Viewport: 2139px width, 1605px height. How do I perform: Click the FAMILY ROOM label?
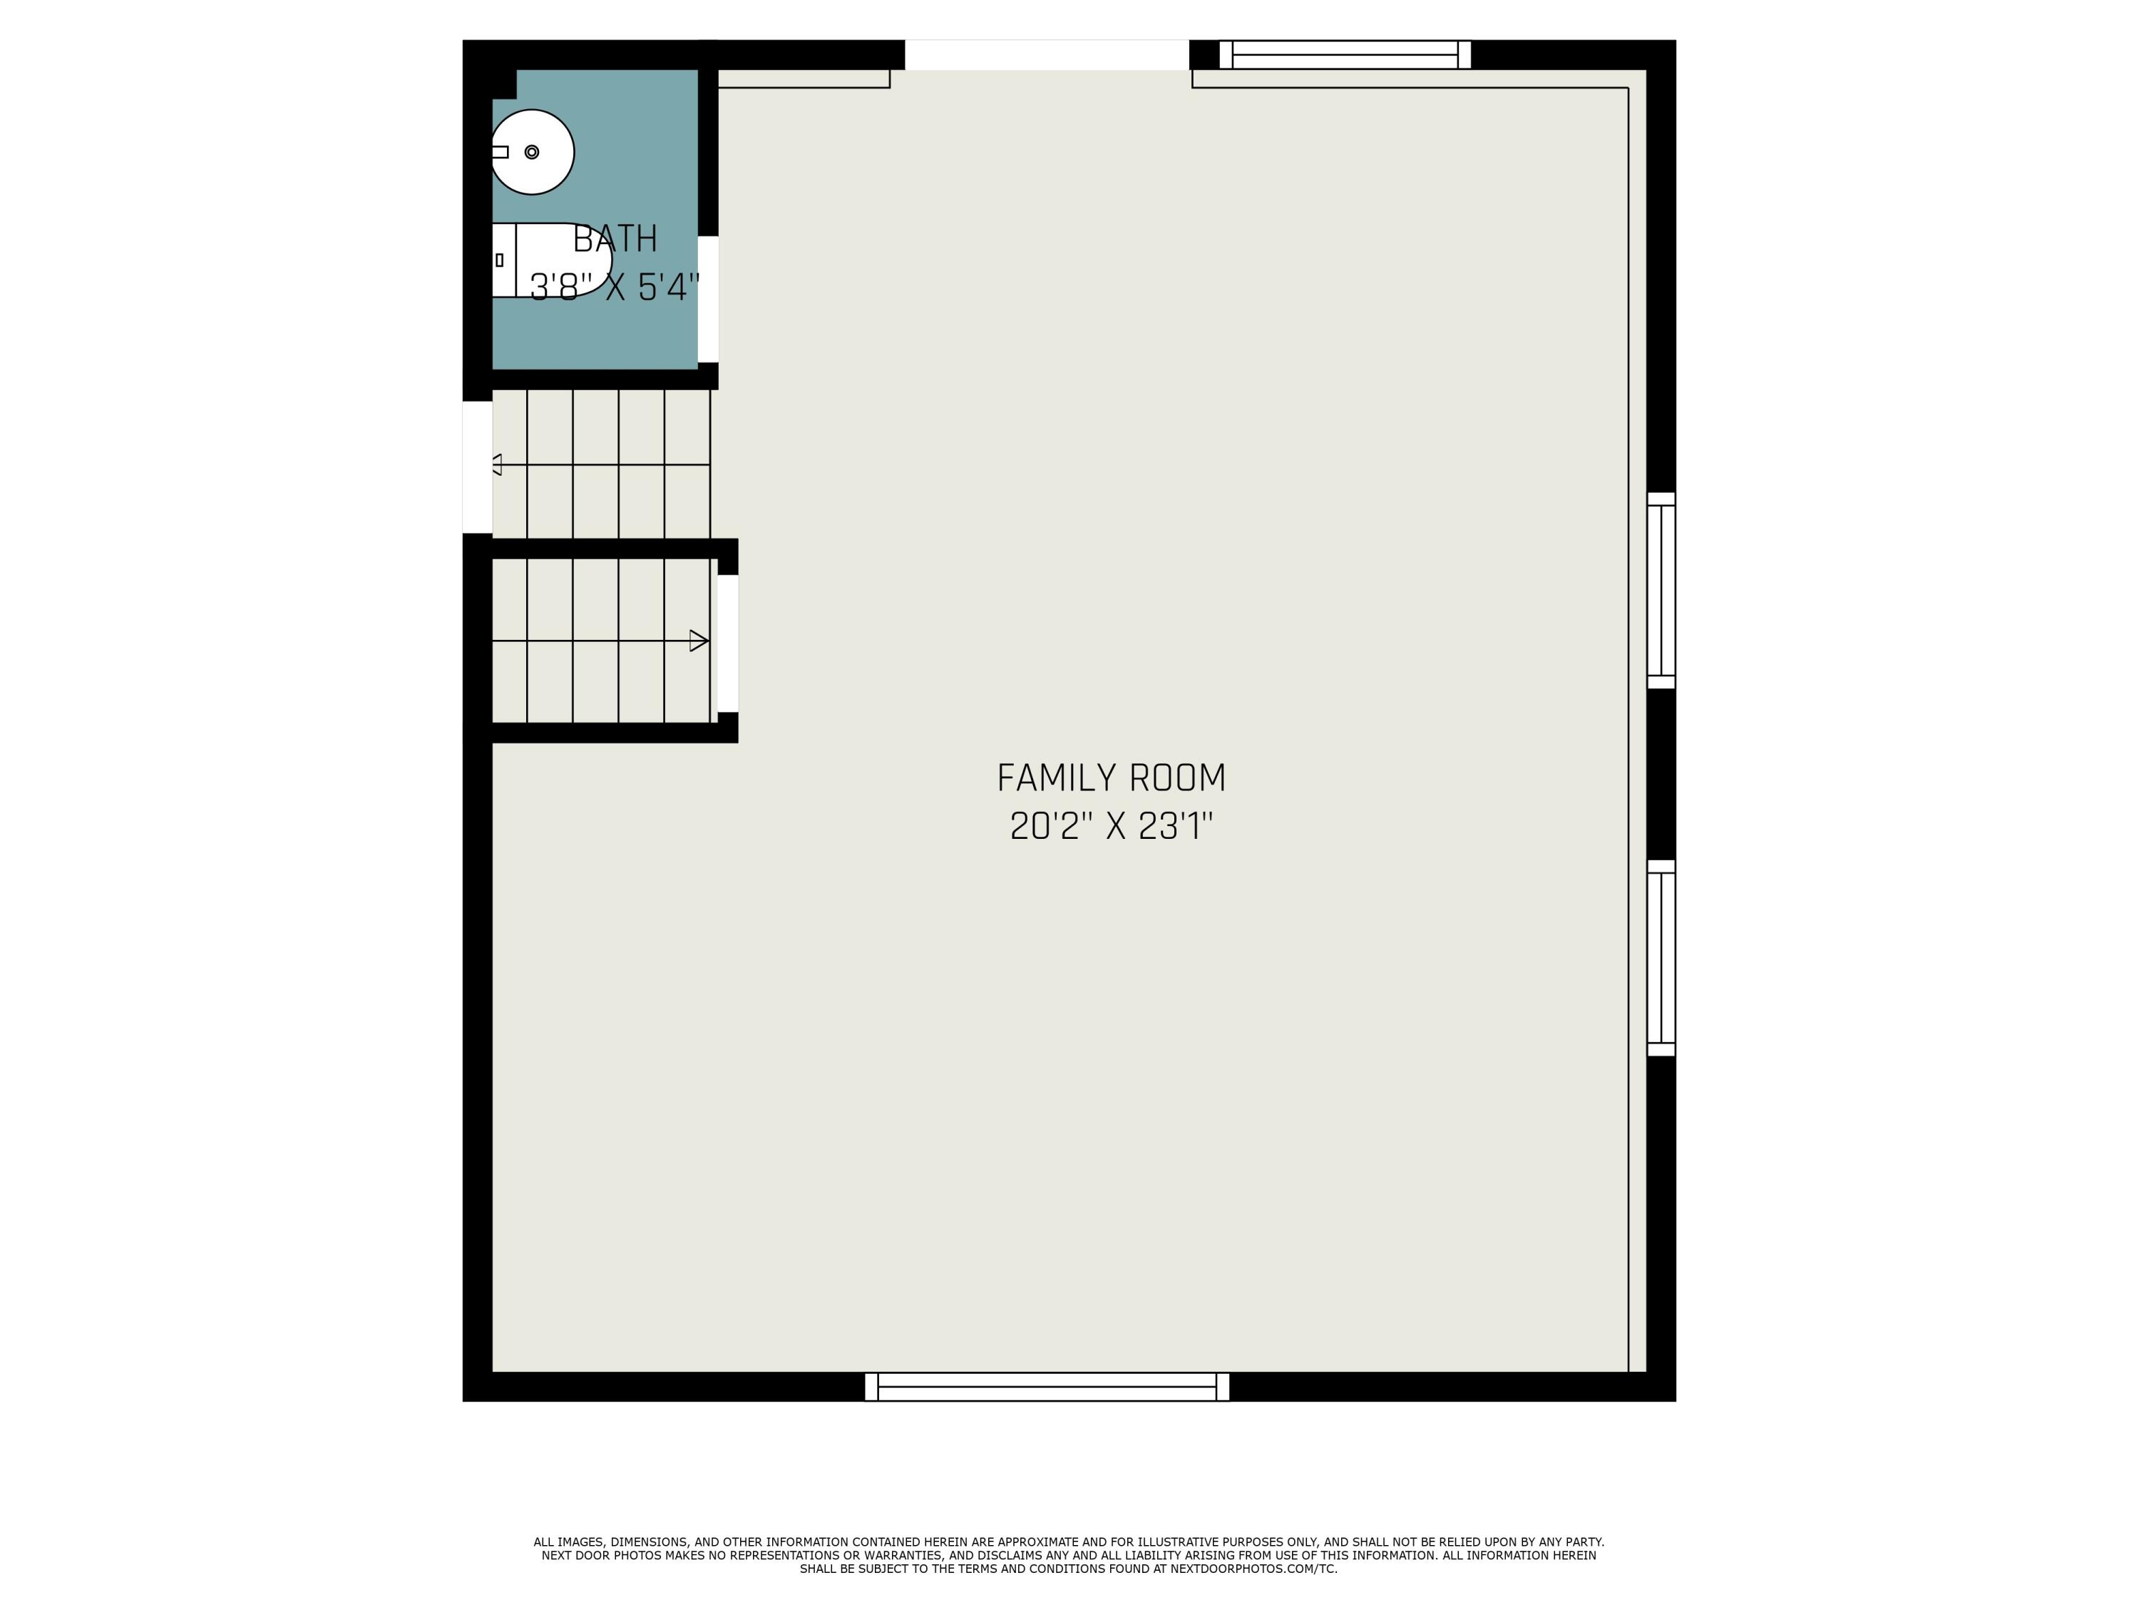tap(1111, 778)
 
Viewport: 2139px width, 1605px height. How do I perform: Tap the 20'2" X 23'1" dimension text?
tap(1111, 826)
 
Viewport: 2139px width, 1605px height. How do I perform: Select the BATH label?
tap(615, 239)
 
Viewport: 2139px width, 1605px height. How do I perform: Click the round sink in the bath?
tap(533, 152)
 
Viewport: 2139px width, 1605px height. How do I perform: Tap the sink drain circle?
tap(532, 152)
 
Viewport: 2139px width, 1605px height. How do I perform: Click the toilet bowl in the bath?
tap(564, 259)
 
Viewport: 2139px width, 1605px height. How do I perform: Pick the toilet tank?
tap(504, 259)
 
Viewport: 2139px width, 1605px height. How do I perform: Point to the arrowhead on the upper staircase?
tap(497, 464)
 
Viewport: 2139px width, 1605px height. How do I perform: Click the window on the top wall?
tap(1345, 54)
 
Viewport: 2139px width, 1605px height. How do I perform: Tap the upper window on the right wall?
tap(1661, 590)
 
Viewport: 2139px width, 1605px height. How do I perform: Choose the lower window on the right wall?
tap(1661, 958)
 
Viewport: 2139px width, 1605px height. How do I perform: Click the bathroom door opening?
tap(708, 299)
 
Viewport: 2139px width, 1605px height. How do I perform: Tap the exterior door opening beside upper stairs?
tap(478, 467)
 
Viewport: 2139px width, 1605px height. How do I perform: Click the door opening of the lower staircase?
tap(728, 643)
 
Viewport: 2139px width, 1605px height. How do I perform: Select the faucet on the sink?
tap(500, 152)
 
